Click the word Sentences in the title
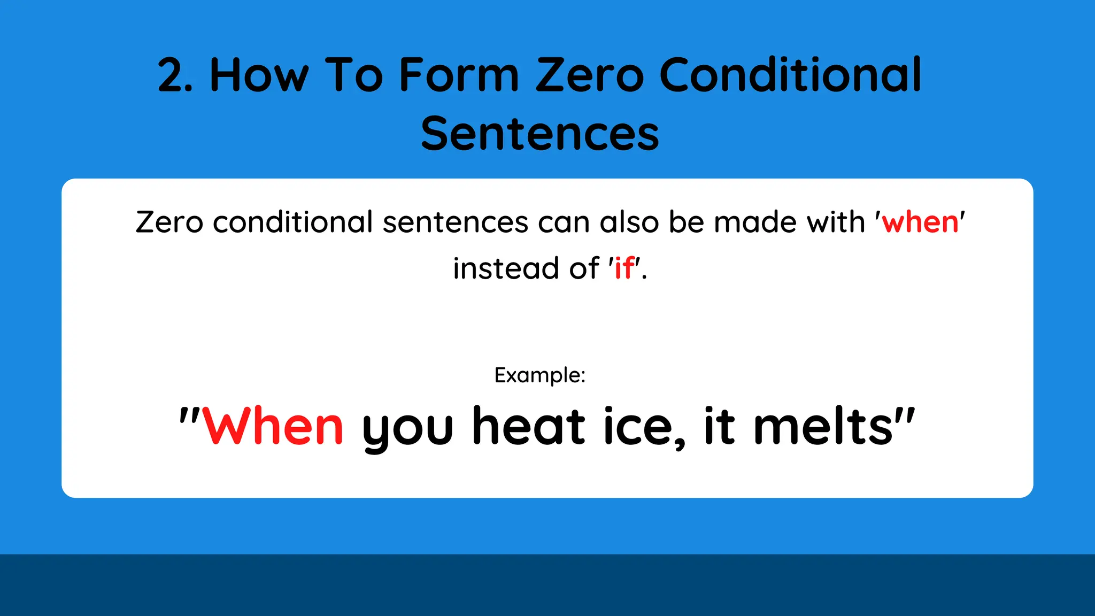pos(540,134)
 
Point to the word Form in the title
pos(459,76)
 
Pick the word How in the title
pos(259,76)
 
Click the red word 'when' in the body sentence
pos(920,222)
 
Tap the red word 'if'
pos(624,268)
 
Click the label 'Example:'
pos(540,375)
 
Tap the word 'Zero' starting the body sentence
pos(169,222)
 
